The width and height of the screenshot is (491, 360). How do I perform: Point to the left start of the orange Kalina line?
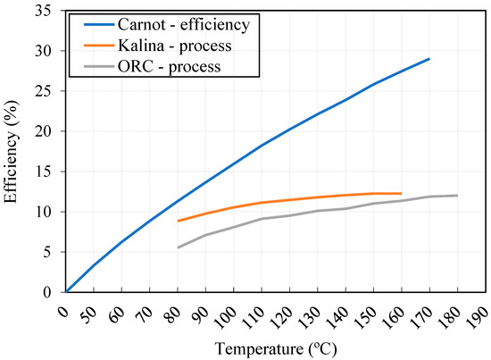[x=179, y=221]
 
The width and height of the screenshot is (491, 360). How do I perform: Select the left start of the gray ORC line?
[x=179, y=247]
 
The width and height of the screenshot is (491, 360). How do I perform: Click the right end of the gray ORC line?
[x=457, y=196]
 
